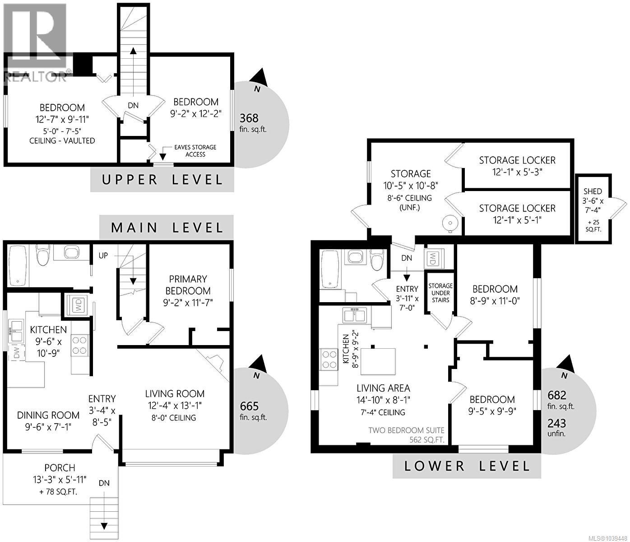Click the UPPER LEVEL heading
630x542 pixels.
(x=162, y=180)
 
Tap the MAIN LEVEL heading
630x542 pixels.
(x=167, y=228)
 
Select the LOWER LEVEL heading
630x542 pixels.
(x=467, y=466)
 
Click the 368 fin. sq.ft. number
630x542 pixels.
(x=249, y=118)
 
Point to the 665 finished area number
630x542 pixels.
(x=249, y=406)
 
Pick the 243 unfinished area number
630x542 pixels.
(x=556, y=423)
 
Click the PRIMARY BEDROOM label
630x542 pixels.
(x=188, y=285)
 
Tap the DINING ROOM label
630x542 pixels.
(x=48, y=415)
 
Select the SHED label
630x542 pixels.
(x=593, y=191)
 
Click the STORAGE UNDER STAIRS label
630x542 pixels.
(x=440, y=293)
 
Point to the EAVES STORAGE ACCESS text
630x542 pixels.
(x=195, y=151)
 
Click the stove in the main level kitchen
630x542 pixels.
(x=80, y=345)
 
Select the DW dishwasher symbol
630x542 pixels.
(x=17, y=353)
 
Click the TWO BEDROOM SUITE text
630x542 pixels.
(x=406, y=430)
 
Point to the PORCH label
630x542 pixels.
(x=60, y=467)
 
